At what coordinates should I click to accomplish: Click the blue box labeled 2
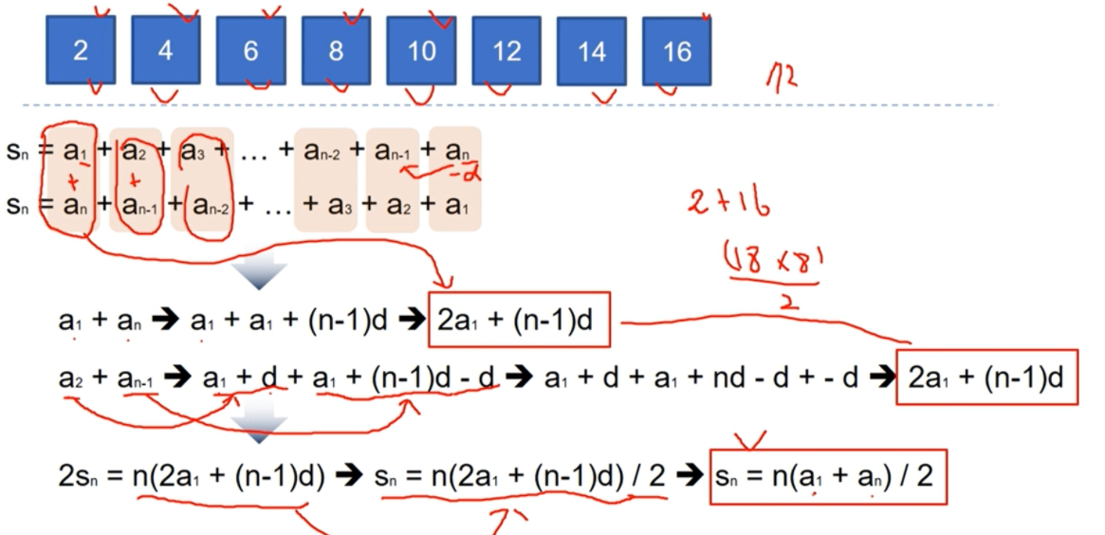click(x=81, y=50)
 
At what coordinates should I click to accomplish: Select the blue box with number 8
click(x=336, y=50)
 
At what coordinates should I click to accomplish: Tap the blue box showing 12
click(x=506, y=50)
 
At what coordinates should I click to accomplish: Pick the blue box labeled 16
click(x=676, y=50)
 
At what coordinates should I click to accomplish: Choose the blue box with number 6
click(x=250, y=50)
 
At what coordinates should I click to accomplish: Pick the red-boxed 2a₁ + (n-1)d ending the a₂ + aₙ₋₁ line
click(x=986, y=378)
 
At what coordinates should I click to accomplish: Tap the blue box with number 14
click(x=591, y=51)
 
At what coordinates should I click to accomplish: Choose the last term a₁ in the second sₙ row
click(x=455, y=205)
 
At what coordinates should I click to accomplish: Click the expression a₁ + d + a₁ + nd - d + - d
click(x=702, y=378)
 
